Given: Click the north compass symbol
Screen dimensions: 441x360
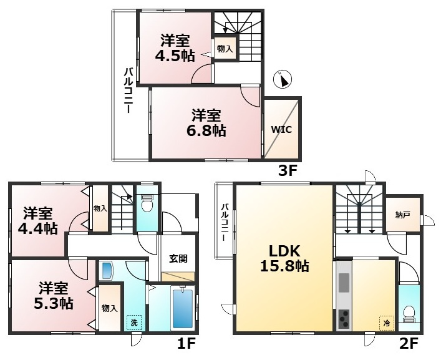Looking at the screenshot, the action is (x=283, y=79).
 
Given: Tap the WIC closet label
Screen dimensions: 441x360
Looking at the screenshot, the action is (x=281, y=130).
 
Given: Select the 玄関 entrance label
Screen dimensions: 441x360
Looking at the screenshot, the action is (x=178, y=258).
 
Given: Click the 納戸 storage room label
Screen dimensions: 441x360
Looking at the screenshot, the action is (x=402, y=215).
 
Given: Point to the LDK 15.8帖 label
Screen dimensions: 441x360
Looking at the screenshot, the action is (x=284, y=258).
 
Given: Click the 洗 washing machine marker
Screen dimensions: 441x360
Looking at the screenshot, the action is (x=134, y=323).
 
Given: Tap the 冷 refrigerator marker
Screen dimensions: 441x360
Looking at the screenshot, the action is (x=387, y=323).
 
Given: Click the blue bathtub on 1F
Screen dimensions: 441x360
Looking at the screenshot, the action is (x=183, y=308).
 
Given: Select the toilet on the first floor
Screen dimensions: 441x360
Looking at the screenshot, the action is (x=147, y=203).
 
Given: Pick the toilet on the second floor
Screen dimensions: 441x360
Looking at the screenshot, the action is (x=409, y=314).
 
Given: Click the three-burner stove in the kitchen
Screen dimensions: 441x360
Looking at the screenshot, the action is (x=344, y=319).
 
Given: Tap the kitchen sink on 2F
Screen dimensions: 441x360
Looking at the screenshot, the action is (x=344, y=283).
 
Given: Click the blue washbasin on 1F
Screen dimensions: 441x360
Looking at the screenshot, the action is (x=106, y=271).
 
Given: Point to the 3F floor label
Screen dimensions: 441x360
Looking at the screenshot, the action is (x=288, y=171).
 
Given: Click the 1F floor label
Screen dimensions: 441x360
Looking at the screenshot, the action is (x=186, y=343).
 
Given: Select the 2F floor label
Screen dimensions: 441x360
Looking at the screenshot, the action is (x=409, y=343).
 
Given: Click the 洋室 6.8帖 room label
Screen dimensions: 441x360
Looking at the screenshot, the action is (x=206, y=123).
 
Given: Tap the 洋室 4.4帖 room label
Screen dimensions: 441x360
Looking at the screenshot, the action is (x=37, y=221).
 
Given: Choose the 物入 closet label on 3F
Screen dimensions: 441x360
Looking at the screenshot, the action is (x=225, y=49).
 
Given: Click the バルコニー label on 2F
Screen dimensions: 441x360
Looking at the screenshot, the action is (x=224, y=222).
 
